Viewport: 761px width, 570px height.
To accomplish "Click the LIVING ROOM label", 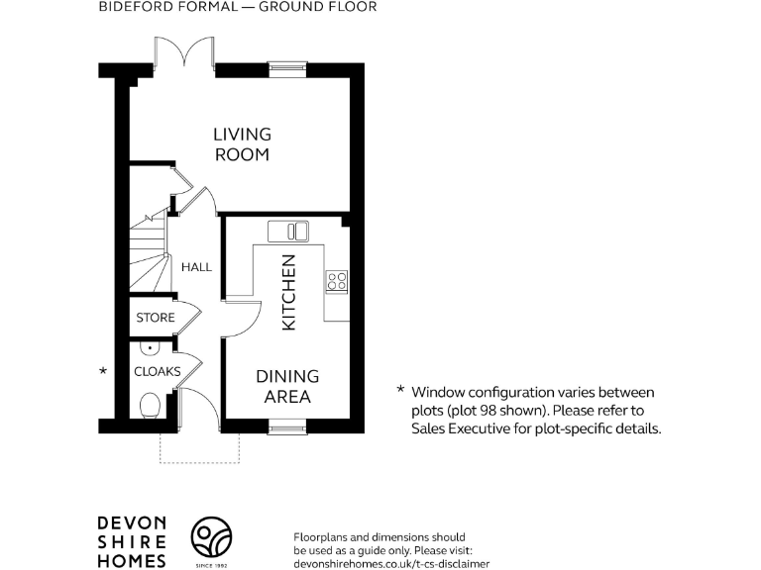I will pos(242,144).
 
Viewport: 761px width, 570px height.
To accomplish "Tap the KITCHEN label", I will pos(288,292).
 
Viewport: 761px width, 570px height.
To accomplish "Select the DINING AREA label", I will pos(287,387).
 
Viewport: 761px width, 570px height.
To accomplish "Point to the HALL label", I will pos(196,267).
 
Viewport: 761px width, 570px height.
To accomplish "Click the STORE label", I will pos(156,318).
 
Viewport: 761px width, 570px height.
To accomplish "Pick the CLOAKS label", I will pos(157,372).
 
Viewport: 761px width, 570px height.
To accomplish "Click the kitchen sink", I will pos(287,231).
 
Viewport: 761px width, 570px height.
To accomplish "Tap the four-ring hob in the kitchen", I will pos(337,280).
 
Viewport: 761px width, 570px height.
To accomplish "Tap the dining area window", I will pos(287,427).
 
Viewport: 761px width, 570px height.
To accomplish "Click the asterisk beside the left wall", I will pos(102,372).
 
